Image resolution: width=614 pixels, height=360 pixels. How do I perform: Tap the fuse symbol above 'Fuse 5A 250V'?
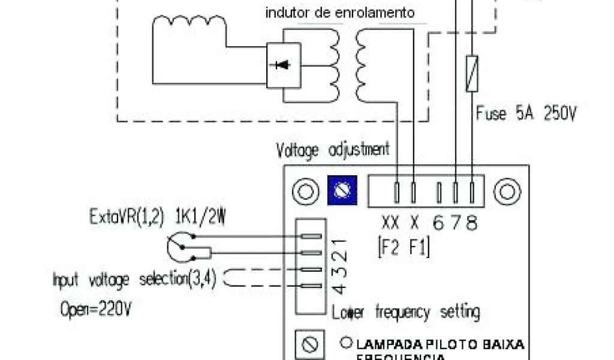click(x=473, y=73)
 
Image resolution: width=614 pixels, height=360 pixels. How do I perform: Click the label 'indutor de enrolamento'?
click(x=341, y=13)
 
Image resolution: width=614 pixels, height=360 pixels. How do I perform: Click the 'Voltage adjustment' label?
click(x=333, y=149)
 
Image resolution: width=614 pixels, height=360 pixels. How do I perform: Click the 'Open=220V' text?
click(x=96, y=310)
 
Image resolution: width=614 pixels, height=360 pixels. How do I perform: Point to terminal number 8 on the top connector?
click(x=473, y=224)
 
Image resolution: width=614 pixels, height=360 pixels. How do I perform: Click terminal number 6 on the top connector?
click(x=439, y=224)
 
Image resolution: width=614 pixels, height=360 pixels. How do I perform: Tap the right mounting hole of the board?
click(x=507, y=191)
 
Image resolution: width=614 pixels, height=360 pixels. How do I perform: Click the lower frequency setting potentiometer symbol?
click(x=309, y=346)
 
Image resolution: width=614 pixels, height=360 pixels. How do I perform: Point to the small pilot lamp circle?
click(x=346, y=344)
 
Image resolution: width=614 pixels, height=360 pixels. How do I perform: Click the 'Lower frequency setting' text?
click(x=406, y=313)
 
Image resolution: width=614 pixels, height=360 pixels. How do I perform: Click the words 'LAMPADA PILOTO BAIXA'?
click(x=440, y=344)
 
